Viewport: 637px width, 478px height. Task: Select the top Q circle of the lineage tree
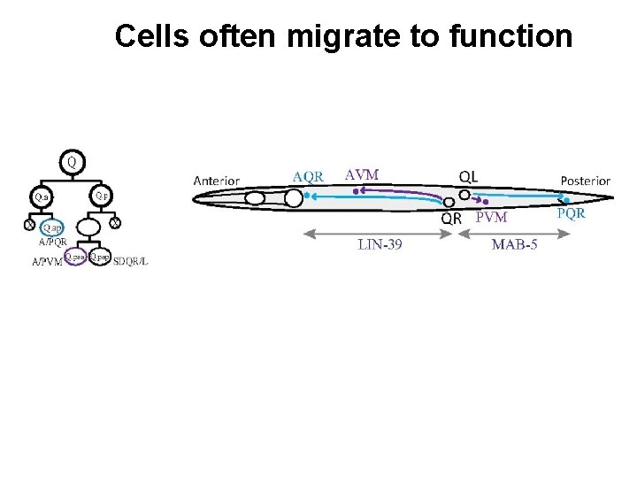point(72,162)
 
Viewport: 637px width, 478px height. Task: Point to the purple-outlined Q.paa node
point(74,257)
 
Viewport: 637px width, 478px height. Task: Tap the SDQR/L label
point(132,258)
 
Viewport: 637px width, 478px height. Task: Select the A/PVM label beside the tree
point(47,263)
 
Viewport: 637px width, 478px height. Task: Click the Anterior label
point(216,181)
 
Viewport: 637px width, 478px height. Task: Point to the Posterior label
point(585,181)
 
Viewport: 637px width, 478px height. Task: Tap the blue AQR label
point(308,176)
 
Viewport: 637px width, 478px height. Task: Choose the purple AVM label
point(361,174)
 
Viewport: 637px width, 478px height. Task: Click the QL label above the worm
point(468,176)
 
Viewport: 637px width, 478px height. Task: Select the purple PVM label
point(491,218)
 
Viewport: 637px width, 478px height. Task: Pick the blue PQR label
point(571,213)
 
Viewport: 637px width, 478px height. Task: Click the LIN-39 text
point(380,244)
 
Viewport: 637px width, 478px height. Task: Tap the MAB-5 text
point(514,244)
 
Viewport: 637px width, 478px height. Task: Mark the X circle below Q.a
point(30,225)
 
